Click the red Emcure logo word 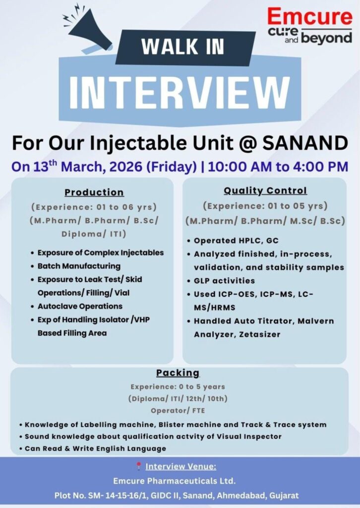pos(309,17)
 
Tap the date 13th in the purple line pos(45,166)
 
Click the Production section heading pos(94,192)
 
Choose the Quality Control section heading pos(265,190)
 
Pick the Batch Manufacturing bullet pos(79,266)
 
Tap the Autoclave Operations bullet pos(80,306)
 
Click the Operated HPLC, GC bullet pos(236,241)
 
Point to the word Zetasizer pos(259,334)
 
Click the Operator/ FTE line pos(178,411)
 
